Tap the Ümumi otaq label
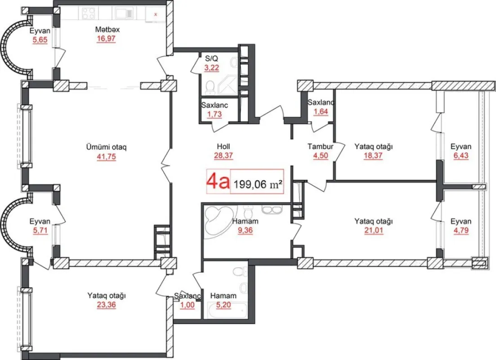[107, 147]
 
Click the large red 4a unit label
[218, 181]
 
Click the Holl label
[223, 147]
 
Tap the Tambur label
[320, 147]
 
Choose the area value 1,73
[214, 114]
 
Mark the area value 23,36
[107, 304]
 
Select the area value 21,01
[374, 230]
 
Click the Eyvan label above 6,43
[461, 147]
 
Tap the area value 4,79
[461, 230]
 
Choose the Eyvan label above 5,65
[40, 31]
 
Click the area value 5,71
[40, 230]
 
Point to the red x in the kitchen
[156, 14]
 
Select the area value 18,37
[374, 155]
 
